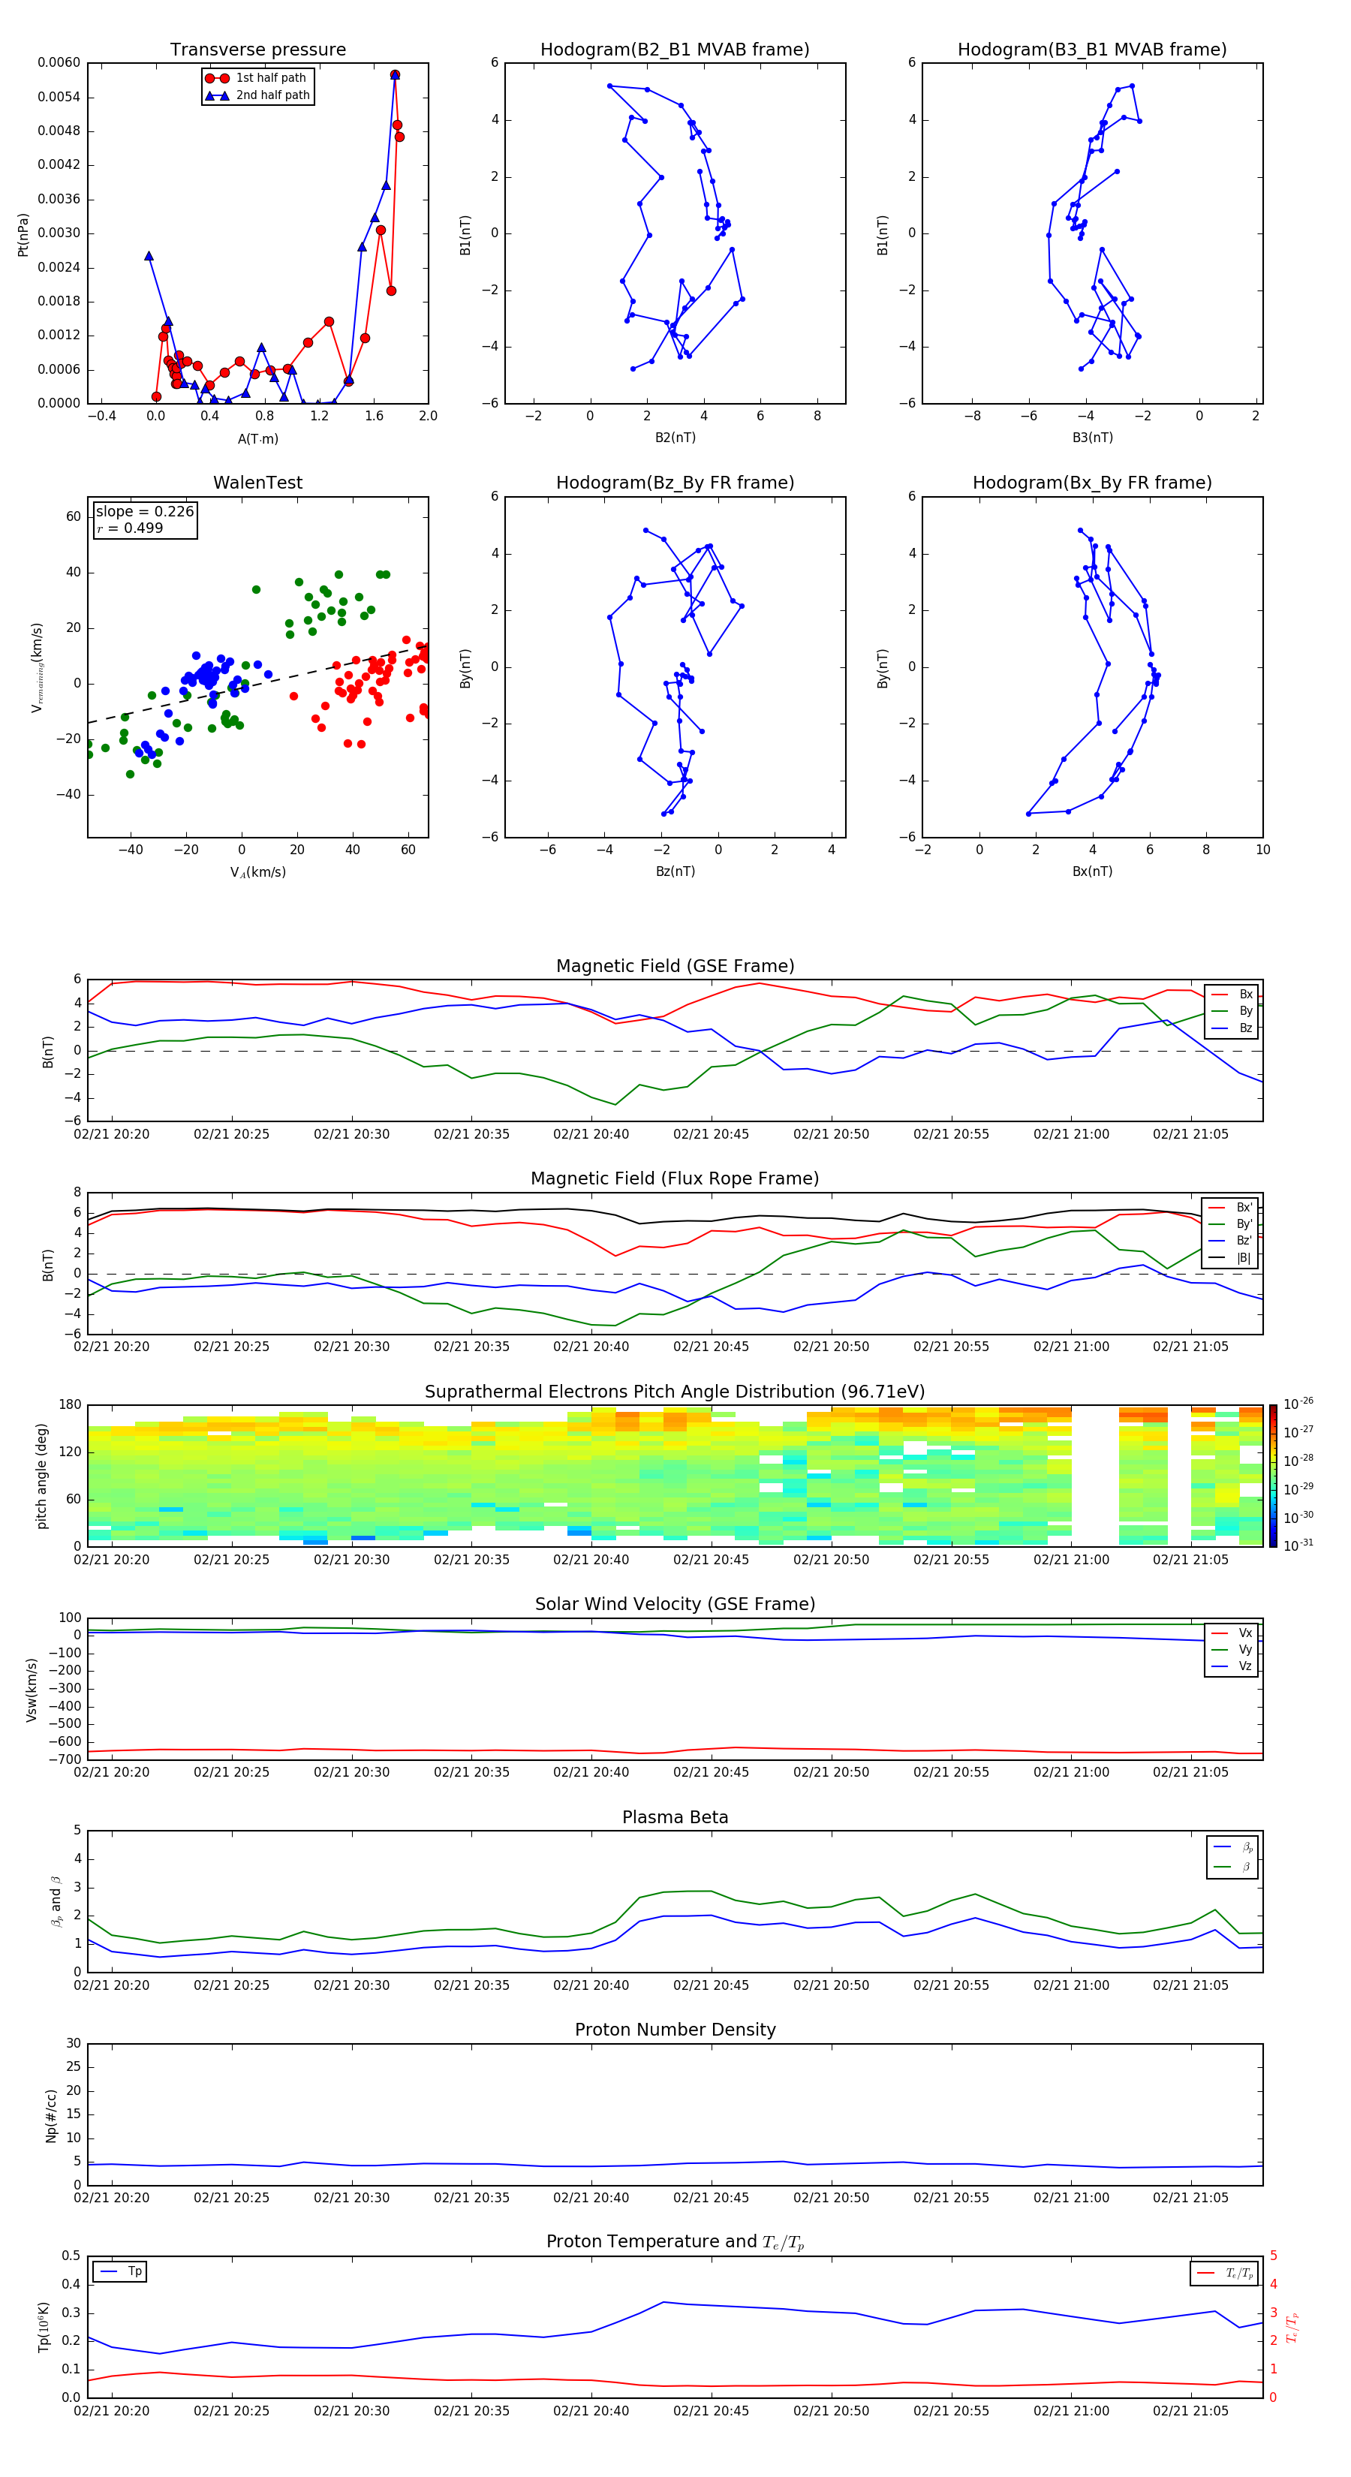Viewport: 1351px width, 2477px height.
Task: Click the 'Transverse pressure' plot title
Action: [x=257, y=49]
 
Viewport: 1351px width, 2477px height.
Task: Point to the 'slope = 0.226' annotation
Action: [x=144, y=512]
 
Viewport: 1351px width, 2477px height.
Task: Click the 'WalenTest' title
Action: [x=257, y=483]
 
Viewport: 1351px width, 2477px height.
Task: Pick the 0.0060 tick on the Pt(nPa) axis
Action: [x=59, y=62]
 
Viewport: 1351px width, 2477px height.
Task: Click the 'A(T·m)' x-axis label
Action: [x=257, y=438]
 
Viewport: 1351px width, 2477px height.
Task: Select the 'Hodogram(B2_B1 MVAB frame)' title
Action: [x=674, y=49]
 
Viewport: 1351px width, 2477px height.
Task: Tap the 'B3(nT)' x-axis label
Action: [x=1092, y=438]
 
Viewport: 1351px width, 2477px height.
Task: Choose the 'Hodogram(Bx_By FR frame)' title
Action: [x=1091, y=483]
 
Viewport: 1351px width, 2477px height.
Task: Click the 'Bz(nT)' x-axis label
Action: [x=675, y=871]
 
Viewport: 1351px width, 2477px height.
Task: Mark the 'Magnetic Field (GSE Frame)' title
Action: [x=675, y=965]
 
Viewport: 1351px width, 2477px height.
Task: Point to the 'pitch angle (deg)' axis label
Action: [x=41, y=1475]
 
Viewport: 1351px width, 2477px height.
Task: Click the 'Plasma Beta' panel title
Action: [x=675, y=1817]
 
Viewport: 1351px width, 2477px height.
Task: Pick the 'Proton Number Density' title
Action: [x=675, y=2029]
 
